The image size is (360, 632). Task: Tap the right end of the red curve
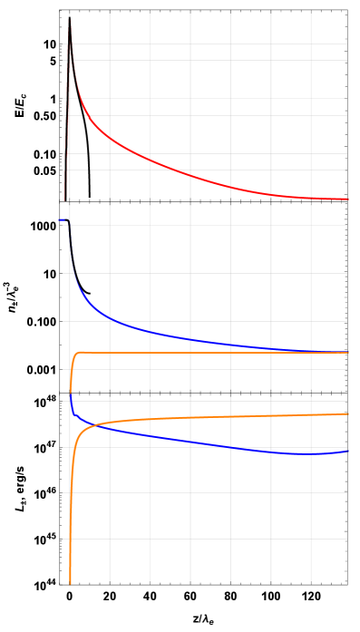click(x=348, y=199)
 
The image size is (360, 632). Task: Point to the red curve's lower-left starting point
click(x=68, y=159)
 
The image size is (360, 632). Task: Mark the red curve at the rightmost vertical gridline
click(x=311, y=198)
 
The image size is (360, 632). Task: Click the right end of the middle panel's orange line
click(x=348, y=352)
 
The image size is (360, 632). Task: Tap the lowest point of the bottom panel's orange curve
click(x=70, y=583)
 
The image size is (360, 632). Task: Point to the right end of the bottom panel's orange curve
click(x=348, y=413)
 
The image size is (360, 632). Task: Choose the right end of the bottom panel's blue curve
click(x=348, y=451)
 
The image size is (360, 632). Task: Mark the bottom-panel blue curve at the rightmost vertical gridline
click(x=311, y=453)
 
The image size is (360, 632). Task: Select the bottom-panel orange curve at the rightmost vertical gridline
click(x=311, y=414)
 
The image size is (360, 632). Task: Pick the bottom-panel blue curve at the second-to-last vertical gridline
click(x=270, y=451)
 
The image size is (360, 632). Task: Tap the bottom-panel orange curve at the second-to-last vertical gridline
click(x=270, y=415)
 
